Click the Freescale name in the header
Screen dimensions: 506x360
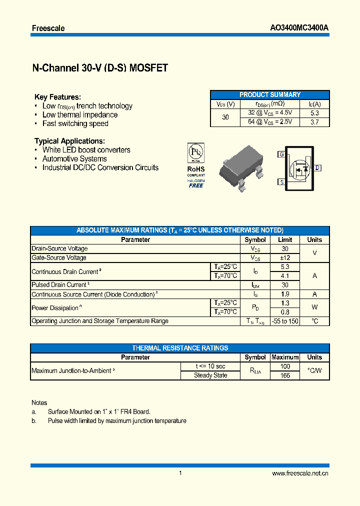point(48,28)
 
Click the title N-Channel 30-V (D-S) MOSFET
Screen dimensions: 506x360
point(99,68)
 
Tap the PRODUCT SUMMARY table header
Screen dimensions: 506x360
point(269,94)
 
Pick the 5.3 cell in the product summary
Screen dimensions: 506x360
point(314,113)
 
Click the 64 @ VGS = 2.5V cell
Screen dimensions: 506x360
point(270,122)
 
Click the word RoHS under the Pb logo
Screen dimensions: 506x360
point(195,169)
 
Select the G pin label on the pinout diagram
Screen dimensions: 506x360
point(282,154)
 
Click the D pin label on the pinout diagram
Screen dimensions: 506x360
point(317,168)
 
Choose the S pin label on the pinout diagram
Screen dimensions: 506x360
point(282,182)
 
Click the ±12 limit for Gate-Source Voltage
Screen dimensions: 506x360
point(285,258)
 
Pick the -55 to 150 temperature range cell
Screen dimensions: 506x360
point(285,321)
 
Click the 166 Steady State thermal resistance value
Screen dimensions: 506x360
point(285,375)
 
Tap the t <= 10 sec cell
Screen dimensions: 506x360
point(210,366)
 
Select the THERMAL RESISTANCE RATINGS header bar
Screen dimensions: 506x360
point(180,348)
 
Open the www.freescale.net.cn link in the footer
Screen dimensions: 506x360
point(300,473)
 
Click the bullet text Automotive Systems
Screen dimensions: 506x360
point(74,159)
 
